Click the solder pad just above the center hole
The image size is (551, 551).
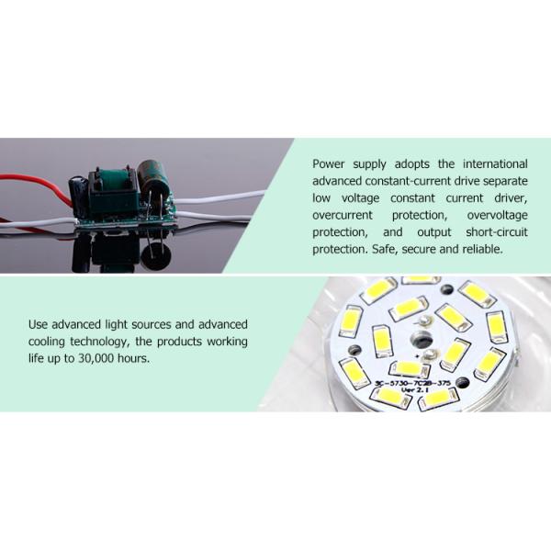click(x=425, y=320)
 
